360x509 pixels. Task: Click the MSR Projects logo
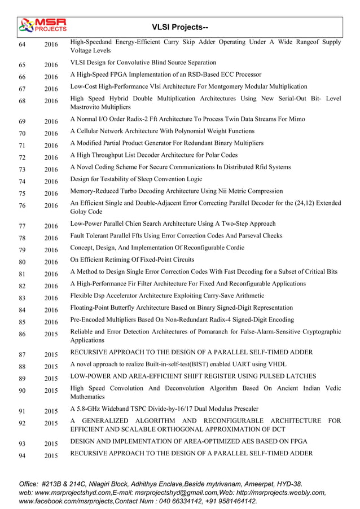point(42,25)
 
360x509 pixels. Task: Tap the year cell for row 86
point(51,335)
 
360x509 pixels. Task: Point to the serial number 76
point(22,206)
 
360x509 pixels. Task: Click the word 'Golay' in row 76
point(80,212)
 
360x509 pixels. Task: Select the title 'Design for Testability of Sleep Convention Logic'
point(136,179)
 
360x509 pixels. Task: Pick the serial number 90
point(22,391)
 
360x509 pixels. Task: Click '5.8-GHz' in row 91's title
point(89,409)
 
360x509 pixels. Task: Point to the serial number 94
point(22,455)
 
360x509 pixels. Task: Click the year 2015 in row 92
point(51,423)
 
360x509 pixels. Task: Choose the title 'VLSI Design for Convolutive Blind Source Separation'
point(143,62)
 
